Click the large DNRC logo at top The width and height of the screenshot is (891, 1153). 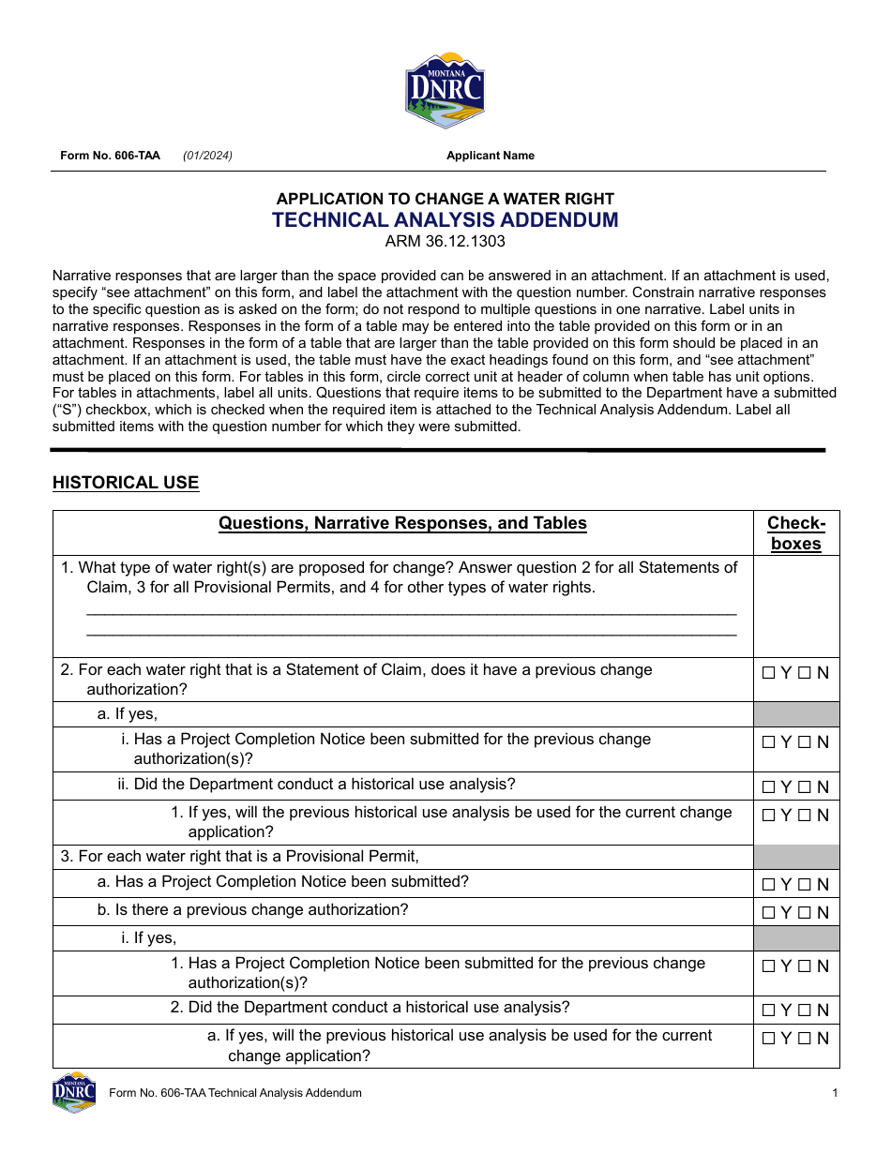point(445,90)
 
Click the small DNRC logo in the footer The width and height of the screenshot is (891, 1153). point(74,1092)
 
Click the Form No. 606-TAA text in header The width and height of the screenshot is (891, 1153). point(110,156)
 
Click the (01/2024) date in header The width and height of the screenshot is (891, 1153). point(207,156)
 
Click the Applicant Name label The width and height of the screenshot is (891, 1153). point(490,156)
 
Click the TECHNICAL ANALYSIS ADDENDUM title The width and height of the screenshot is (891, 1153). point(445,220)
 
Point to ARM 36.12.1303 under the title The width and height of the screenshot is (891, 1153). point(445,242)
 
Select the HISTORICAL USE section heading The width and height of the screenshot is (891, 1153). point(126,483)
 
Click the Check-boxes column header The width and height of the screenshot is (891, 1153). point(795,533)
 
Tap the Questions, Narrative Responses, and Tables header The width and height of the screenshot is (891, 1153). point(402,523)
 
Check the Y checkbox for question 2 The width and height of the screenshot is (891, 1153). point(769,673)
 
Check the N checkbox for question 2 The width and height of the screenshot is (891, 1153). point(805,673)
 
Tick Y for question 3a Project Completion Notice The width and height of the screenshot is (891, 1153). point(769,885)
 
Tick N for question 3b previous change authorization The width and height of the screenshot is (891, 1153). point(805,913)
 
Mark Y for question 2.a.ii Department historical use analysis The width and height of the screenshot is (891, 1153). point(769,787)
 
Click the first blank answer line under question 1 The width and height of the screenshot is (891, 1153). point(411,610)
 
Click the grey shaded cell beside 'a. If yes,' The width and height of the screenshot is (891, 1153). point(795,714)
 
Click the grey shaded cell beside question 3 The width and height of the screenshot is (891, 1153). point(795,857)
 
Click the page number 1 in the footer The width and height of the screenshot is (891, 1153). point(834,1093)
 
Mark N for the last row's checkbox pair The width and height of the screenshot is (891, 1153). point(805,1039)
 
